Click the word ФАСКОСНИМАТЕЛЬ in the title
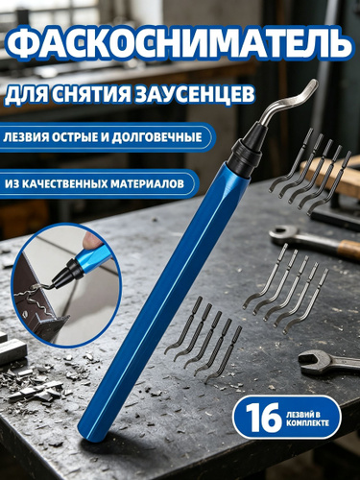pyautogui.click(x=180, y=45)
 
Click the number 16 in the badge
pyautogui.click(x=264, y=417)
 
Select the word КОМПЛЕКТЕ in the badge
pyautogui.click(x=307, y=423)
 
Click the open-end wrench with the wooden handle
pyautogui.click(x=314, y=241)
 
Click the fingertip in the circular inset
pyautogui.click(x=93, y=241)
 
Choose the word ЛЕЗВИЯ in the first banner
pyautogui.click(x=24, y=137)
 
